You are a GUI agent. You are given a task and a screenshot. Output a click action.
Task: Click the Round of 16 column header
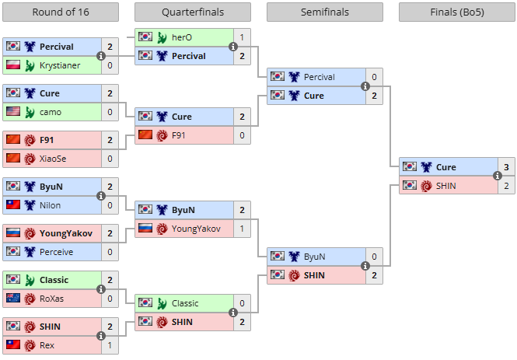61,12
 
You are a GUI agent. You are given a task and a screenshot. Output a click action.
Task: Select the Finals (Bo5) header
457,12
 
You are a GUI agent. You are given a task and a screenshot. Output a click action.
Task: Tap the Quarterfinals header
193,12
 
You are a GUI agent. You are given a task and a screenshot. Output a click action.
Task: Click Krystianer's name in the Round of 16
60,65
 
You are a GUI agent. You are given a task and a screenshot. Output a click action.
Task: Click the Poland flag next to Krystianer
13,65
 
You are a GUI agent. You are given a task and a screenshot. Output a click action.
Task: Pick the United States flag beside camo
13,111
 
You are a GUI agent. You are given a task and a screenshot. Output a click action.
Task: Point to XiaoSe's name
53,159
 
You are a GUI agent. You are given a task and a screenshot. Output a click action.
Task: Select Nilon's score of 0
110,205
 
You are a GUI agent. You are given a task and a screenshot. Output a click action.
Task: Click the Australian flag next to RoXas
13,298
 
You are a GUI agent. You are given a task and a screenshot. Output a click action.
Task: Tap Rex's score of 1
110,345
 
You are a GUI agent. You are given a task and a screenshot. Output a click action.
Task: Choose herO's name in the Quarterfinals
182,37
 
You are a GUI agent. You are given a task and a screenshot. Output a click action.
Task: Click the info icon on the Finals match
498,176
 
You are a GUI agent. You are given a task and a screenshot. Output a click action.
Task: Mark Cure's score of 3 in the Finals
506,167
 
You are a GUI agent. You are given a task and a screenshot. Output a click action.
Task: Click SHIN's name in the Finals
445,187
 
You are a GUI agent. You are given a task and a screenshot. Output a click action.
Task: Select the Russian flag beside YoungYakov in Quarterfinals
145,228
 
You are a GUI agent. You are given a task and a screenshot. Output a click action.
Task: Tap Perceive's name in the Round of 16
57,252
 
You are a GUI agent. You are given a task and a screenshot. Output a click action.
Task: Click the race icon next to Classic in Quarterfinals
162,303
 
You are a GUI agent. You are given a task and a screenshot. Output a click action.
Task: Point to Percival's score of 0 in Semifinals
374,77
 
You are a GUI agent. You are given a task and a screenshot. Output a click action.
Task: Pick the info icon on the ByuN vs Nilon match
101,196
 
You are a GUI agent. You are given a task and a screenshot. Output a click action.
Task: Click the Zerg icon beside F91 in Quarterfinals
162,135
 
